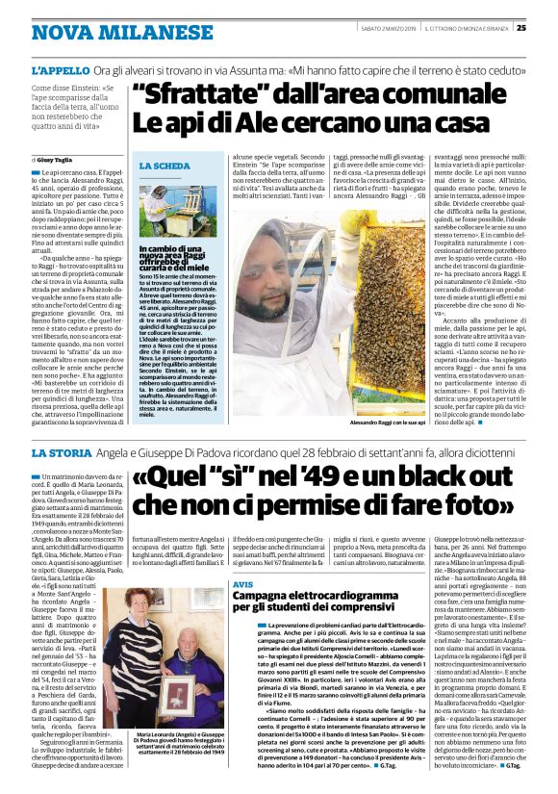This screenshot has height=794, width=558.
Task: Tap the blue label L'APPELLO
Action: click(x=61, y=72)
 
